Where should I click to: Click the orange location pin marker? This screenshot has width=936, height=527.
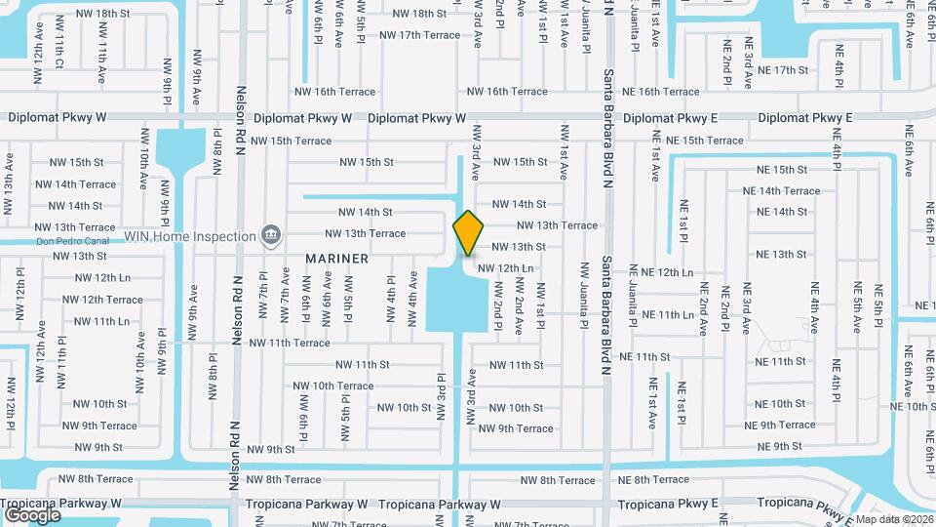point(469,233)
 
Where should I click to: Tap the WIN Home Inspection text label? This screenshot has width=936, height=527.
point(189,236)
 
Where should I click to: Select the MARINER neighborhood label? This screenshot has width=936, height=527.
point(336,259)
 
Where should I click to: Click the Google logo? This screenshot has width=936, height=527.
point(32,514)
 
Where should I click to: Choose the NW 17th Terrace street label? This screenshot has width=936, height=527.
point(419,35)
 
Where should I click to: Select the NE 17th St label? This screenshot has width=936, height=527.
point(783,70)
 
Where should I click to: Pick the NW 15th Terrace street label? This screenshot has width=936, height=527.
point(292,141)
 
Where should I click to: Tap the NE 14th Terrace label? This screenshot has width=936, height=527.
point(781,191)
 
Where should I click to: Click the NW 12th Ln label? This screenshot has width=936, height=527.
point(505,267)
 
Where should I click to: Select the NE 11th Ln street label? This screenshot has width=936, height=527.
point(667,315)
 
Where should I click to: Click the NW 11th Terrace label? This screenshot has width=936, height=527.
point(290,344)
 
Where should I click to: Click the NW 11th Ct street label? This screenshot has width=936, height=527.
point(58,55)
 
